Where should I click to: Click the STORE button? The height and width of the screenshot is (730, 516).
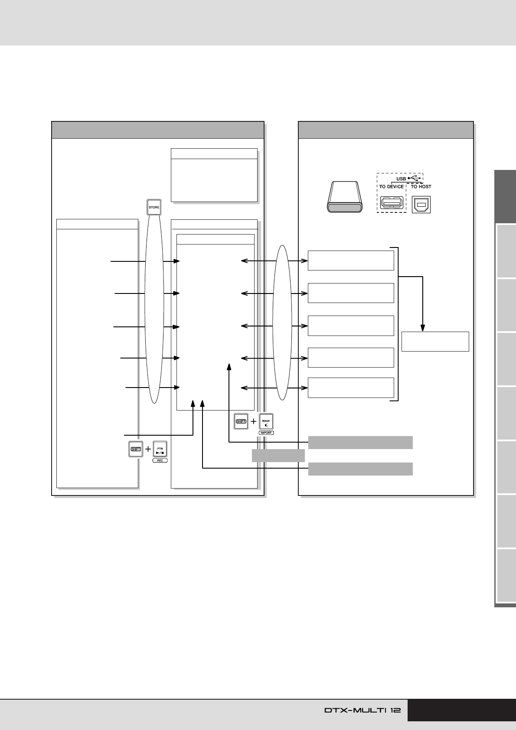154,207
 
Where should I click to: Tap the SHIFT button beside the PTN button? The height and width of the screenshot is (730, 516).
136,449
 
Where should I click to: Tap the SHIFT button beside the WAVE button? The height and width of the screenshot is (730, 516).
241,421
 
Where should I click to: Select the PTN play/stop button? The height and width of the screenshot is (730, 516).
160,449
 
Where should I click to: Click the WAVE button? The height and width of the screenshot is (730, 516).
266,421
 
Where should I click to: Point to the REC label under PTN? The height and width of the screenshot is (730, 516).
160,460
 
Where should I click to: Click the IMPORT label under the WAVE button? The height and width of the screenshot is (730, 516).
266,433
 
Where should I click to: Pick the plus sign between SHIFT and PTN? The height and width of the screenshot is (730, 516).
148,449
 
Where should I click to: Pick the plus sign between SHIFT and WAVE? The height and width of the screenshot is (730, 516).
254,421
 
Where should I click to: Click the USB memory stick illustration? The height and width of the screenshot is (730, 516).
345,197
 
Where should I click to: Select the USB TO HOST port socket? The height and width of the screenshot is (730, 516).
421,205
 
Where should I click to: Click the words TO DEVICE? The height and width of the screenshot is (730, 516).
392,187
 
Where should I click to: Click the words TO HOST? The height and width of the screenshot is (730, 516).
421,187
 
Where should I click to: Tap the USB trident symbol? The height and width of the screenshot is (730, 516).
414,178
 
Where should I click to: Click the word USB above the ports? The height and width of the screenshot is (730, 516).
401,179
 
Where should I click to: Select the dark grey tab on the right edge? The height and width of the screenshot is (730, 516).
505,196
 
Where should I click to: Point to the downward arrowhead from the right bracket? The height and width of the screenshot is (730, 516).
423,328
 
